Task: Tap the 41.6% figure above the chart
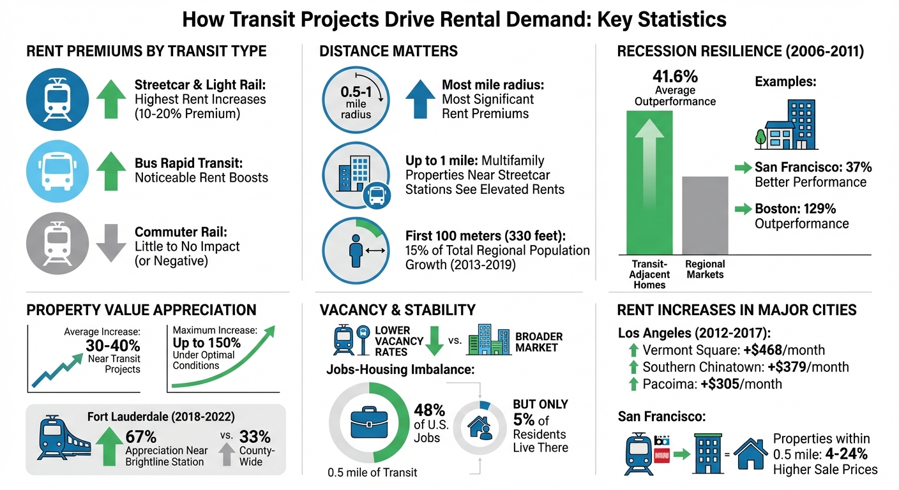pos(675,77)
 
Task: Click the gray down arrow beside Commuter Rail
pos(110,242)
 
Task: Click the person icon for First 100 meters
pos(356,250)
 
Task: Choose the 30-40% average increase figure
pos(112,346)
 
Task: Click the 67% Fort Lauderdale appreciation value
pos(140,436)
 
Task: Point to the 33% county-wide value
pos(254,436)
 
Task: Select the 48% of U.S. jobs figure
pos(430,410)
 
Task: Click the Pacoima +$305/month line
pos(712,383)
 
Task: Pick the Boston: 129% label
pos(795,209)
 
